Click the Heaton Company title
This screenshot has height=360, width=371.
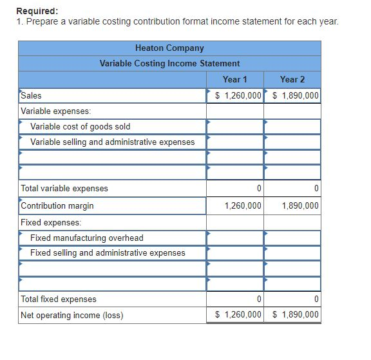tap(169, 48)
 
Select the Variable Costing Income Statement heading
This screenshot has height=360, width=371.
tap(169, 63)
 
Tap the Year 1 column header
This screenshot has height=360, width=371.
tap(234, 79)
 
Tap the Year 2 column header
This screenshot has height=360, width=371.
tap(292, 79)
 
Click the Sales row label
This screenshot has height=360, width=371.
tap(31, 95)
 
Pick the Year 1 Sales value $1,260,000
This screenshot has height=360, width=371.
tap(238, 96)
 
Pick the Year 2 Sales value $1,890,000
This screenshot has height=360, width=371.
tap(295, 96)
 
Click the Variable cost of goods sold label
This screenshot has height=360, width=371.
tap(80, 126)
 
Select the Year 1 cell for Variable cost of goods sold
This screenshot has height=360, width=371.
tap(234, 126)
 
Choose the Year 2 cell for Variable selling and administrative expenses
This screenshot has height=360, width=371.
tap(292, 142)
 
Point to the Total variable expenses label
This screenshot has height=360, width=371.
tap(64, 189)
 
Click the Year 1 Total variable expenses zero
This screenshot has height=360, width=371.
tap(258, 189)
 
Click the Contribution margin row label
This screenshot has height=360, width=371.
tap(57, 205)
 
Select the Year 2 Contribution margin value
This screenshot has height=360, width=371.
tap(300, 206)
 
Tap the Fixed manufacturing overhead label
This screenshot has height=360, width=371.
tap(86, 238)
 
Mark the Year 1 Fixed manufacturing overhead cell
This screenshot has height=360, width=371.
tap(234, 238)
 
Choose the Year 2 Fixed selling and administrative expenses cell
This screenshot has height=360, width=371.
tap(292, 253)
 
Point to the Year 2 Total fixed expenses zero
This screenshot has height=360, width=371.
tap(316, 299)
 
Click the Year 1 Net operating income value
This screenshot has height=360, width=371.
tap(238, 315)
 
